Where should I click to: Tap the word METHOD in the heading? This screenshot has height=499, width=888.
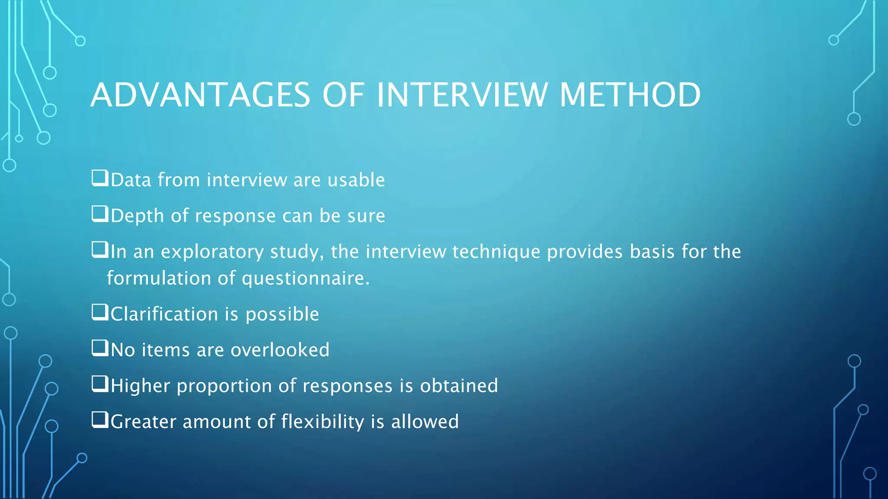pos(630,95)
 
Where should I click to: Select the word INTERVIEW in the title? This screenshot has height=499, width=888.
pos(462,95)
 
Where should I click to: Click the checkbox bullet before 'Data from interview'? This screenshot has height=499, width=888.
pos(100,178)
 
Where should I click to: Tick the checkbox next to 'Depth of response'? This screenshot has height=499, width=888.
pos(100,214)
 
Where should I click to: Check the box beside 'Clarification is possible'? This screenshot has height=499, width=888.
pos(100,312)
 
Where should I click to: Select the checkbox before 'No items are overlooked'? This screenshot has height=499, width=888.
pos(100,348)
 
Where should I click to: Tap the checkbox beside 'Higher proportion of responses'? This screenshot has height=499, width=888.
pos(100,384)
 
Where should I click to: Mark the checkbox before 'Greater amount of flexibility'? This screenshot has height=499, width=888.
pos(100,420)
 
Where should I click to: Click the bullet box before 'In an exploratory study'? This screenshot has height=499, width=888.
pos(100,250)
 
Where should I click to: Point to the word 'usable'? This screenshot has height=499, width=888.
pos(356,180)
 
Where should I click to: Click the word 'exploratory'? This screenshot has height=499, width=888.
pos(212,252)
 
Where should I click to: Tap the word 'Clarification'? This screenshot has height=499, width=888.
pos(164,314)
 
